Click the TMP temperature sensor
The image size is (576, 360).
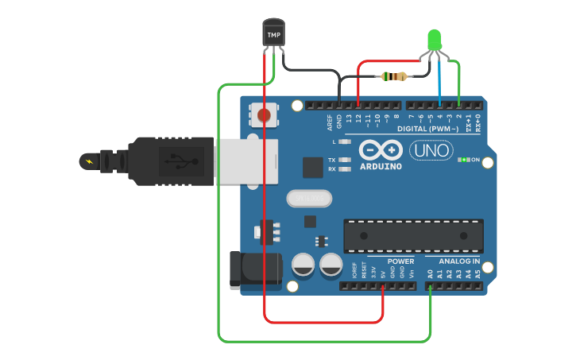click(x=273, y=34)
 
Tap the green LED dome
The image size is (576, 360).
click(x=434, y=38)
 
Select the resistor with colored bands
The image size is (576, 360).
click(x=394, y=76)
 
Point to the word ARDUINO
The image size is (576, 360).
click(x=381, y=167)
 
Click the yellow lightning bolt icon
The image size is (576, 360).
click(x=87, y=162)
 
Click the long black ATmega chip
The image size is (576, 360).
click(x=413, y=235)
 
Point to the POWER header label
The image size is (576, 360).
click(x=400, y=261)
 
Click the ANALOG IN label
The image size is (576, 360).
click(x=459, y=261)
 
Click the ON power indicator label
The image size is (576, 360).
click(x=475, y=160)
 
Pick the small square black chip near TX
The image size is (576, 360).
click(x=312, y=167)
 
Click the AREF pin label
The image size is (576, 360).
click(x=329, y=122)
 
